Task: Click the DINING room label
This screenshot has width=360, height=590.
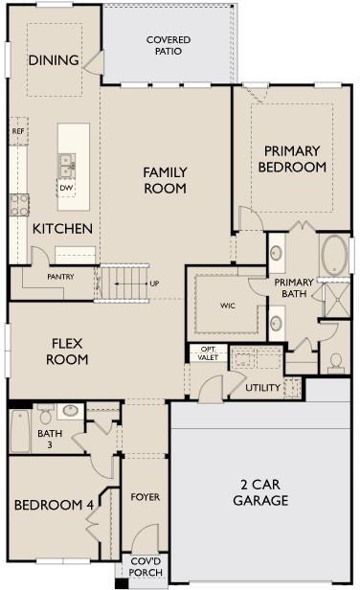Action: point(53,60)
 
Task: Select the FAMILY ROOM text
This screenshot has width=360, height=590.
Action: point(165,180)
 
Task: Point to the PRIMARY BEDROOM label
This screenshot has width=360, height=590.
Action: point(295,158)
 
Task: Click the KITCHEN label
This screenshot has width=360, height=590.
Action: point(62,229)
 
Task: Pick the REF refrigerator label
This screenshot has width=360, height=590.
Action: point(17,131)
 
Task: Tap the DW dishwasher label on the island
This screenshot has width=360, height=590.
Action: point(66,188)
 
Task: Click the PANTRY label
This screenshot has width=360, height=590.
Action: point(60,277)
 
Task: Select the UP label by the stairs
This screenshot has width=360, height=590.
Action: point(153,284)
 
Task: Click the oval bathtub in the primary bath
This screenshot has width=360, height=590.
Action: point(334,256)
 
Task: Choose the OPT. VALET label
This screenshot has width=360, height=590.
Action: point(208,352)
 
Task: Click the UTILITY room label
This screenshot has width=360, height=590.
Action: point(261,388)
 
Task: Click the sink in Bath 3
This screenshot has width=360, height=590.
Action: point(68,411)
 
